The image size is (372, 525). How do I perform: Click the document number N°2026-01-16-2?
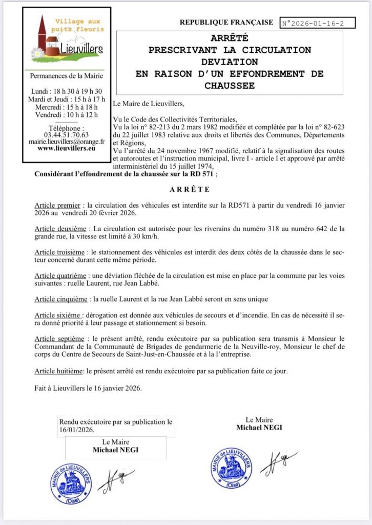(x=313, y=23)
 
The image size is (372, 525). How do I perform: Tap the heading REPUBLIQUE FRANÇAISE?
(x=226, y=23)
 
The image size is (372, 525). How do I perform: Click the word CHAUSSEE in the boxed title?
(x=230, y=86)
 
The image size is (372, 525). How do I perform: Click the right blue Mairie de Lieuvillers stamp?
(x=231, y=468)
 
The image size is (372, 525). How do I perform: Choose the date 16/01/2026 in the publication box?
(x=77, y=430)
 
